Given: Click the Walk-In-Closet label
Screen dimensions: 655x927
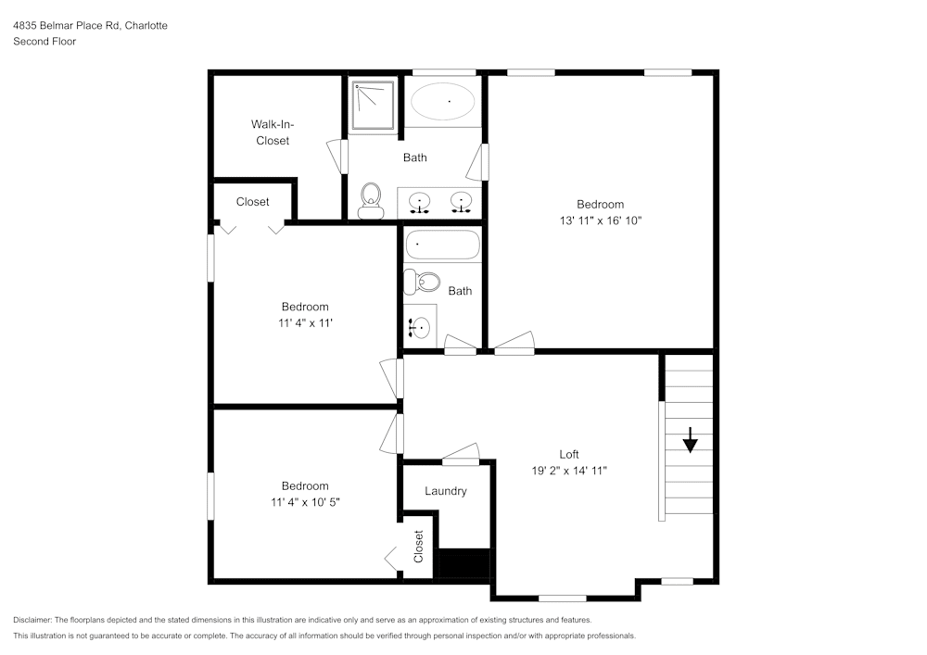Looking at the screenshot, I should (x=272, y=132).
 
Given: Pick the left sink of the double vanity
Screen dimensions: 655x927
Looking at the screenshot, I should (x=420, y=201).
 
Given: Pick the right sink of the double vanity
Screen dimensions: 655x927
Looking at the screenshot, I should (x=460, y=201).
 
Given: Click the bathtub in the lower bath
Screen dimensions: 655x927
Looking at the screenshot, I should (x=442, y=246).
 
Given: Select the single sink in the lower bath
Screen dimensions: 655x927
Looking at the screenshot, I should (x=420, y=326).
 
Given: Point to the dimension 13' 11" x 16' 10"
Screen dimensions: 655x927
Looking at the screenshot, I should (x=600, y=220).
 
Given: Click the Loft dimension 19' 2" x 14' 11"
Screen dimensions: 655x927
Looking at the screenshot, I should (x=568, y=471).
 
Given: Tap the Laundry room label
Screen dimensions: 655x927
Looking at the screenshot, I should (x=446, y=491).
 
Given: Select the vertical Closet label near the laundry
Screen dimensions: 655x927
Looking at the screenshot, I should (x=418, y=547).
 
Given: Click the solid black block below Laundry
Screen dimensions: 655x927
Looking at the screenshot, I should (x=463, y=563).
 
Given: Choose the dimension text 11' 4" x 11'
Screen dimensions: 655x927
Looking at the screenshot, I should (x=305, y=322).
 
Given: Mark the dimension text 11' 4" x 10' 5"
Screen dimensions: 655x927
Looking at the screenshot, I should (x=305, y=502).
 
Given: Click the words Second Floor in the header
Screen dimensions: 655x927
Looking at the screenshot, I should (x=44, y=42).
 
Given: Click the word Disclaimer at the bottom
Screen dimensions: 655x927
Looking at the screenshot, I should (x=32, y=620).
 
